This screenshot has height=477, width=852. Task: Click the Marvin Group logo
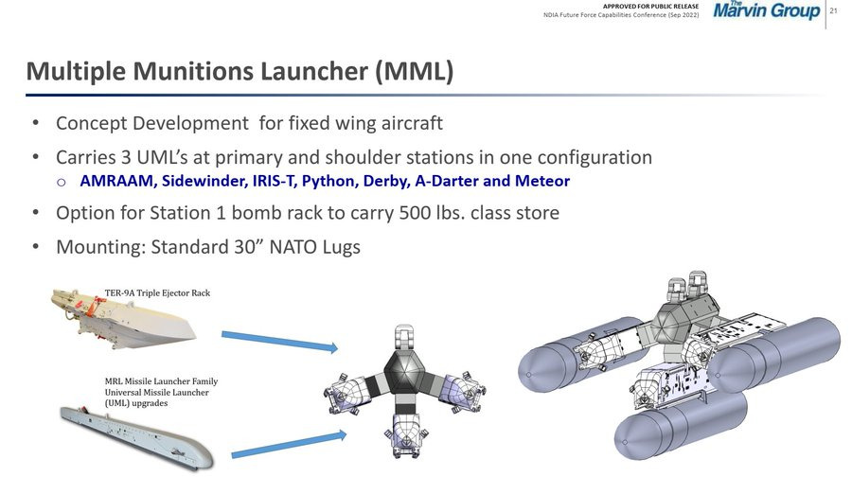click(766, 9)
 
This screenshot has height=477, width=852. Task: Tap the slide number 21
click(833, 10)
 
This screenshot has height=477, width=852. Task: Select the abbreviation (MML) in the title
click(415, 71)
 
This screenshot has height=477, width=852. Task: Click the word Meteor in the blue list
click(542, 181)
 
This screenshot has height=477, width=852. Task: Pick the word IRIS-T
click(275, 181)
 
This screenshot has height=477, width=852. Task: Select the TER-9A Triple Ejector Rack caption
click(157, 292)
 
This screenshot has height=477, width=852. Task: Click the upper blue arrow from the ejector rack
click(280, 342)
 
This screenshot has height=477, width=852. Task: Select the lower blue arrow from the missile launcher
click(289, 444)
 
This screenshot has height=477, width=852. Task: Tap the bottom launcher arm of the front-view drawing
click(405, 432)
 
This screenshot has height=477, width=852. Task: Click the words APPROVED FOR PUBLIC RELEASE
click(650, 6)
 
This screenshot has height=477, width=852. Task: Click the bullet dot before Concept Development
click(36, 123)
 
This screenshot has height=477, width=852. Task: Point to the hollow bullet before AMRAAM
click(61, 182)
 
